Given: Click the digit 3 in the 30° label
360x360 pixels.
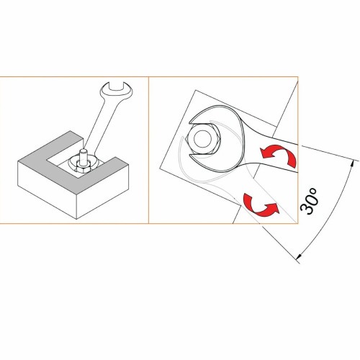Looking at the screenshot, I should coord(305,210).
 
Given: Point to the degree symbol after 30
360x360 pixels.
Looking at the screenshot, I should coord(315,189).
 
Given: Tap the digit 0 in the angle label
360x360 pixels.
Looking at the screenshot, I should coord(310,199).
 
